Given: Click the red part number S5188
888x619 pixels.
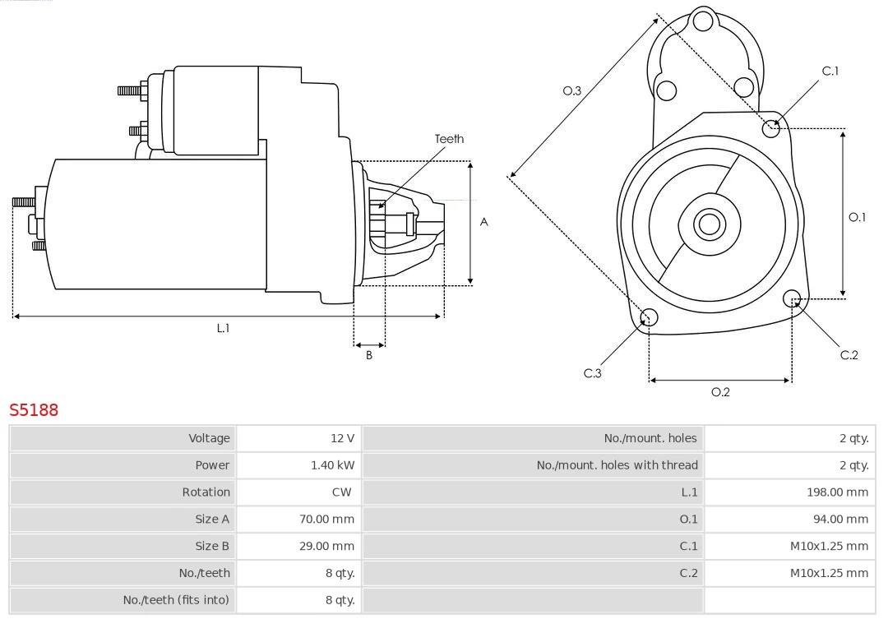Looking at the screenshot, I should point(34,409).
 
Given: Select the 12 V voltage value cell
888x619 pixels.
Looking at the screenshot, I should point(342,438).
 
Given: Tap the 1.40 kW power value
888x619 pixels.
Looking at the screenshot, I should point(332,465).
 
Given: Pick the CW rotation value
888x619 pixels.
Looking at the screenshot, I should point(341,492).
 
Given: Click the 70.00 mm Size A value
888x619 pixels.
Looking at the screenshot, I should point(326,520).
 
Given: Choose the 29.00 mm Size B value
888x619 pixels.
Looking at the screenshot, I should point(326,546).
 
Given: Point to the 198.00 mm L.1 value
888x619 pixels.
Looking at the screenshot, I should point(837,492).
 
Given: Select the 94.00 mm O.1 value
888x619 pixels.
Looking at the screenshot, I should point(840,520).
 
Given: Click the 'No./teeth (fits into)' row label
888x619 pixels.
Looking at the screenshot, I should point(176,600).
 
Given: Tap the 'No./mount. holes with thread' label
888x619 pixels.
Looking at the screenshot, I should point(617,465).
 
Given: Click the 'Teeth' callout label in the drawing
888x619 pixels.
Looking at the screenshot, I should point(449,139).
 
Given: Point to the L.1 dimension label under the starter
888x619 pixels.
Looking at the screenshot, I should point(223,328).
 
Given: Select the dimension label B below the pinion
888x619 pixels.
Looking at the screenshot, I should point(369,356).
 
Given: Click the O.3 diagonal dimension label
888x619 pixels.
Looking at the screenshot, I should point(571,91).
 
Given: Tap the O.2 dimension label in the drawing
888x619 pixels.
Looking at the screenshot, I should point(720,392).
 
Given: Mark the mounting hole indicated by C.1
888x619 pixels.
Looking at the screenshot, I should point(771,127).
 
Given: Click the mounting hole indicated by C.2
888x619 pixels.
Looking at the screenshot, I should point(792,298).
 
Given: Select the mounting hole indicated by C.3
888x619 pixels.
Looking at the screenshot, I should point(649,317).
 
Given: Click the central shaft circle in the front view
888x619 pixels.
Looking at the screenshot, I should point(708,224).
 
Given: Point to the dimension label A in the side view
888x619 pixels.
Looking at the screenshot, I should point(484,222).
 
